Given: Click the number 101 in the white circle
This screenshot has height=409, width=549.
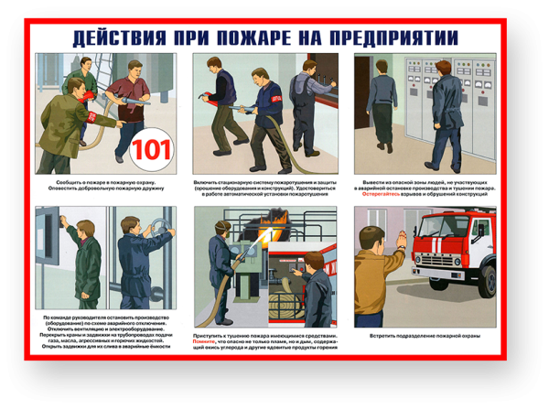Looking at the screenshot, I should (151, 148).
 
